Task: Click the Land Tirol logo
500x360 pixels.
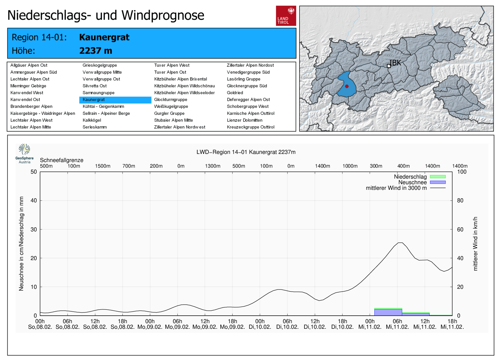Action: [286, 16]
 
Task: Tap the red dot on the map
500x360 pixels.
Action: [347, 86]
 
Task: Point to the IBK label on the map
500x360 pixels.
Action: [395, 63]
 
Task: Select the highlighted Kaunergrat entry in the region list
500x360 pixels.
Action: [94, 100]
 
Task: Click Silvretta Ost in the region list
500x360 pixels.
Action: [95, 86]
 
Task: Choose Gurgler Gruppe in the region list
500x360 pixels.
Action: [169, 113]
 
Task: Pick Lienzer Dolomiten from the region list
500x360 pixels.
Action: [244, 120]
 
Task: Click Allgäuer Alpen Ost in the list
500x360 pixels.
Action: [29, 65]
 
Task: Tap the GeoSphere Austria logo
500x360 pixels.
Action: [24, 153]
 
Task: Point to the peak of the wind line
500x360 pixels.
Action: [400, 243]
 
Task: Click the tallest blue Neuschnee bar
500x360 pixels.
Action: [388, 312]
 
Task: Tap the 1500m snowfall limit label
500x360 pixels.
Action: [102, 166]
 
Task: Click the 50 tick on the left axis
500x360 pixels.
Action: [34, 172]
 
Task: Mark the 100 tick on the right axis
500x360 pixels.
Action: [462, 172]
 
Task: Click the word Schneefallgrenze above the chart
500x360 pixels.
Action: [62, 160]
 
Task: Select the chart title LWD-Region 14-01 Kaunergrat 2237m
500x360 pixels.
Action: [246, 152]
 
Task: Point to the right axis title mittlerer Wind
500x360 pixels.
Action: [475, 244]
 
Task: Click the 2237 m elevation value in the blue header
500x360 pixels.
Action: [96, 51]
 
